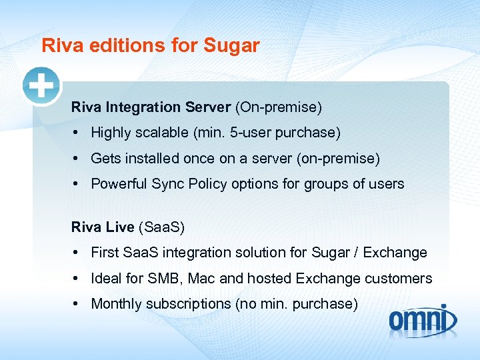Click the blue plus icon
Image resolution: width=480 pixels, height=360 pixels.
tap(41, 86)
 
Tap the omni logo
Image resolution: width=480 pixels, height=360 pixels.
tap(423, 320)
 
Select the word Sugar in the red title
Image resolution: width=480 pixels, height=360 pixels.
tap(232, 46)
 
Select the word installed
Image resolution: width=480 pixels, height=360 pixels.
tap(153, 159)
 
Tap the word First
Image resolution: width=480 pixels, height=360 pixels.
tap(105, 253)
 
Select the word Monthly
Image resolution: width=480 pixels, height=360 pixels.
tap(115, 304)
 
